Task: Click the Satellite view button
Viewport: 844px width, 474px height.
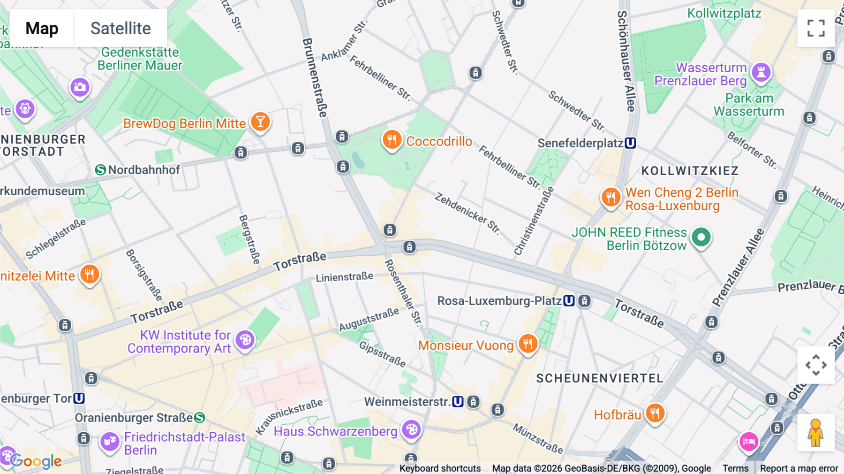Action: point(121,28)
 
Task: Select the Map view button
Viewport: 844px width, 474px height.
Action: point(42,28)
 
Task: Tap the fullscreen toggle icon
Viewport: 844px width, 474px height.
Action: point(816,28)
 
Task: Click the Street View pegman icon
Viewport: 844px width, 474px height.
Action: point(815,433)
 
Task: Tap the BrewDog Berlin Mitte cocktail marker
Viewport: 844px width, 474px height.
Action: point(260,122)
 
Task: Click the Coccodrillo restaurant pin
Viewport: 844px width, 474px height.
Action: point(392,140)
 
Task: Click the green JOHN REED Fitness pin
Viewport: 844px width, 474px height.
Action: point(701,237)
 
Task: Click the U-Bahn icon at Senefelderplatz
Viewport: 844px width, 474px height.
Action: point(631,143)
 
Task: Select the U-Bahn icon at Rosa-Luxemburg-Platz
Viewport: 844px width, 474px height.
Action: point(569,301)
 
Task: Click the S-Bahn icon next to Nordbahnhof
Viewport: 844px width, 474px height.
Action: point(100,170)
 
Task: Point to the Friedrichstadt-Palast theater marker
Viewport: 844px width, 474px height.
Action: point(110,442)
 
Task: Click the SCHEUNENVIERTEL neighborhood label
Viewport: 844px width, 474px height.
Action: point(599,378)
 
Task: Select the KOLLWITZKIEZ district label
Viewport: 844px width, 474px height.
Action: point(690,171)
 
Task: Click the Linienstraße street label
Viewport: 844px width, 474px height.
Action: point(344,277)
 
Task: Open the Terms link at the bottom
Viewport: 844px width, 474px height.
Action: point(735,468)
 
